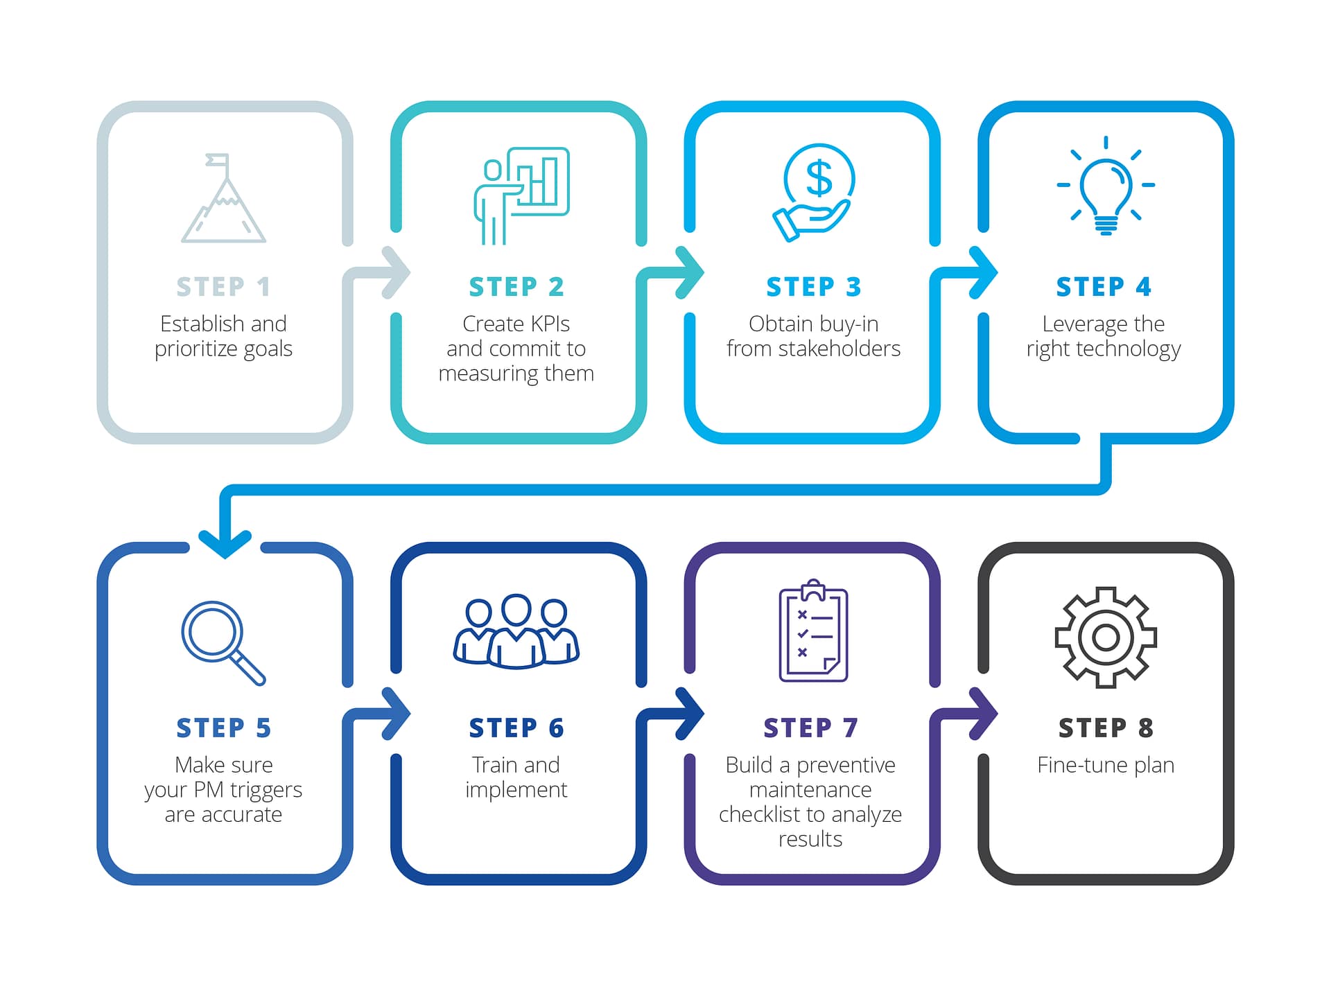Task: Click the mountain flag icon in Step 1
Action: [223, 199]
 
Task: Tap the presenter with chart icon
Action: [521, 195]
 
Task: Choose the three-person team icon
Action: [516, 631]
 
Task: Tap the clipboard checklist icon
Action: [813, 631]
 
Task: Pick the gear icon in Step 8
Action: [1106, 637]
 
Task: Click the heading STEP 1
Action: [223, 287]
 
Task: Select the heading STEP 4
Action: [1104, 287]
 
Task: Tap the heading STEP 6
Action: [516, 728]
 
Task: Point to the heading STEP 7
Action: [810, 728]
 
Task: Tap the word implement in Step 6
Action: [516, 790]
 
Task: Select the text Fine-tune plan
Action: [1106, 765]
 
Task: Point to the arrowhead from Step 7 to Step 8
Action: [984, 713]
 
